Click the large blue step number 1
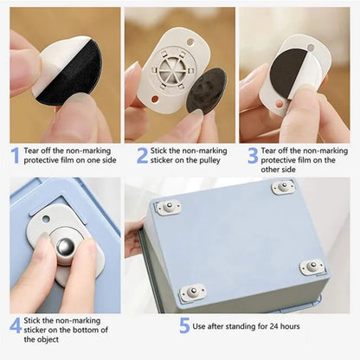[15, 156]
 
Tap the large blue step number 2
[142, 156]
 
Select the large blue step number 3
[254, 156]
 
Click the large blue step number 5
[184, 326]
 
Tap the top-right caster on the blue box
[283, 186]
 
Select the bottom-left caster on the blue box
[192, 293]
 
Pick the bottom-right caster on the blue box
[312, 267]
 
